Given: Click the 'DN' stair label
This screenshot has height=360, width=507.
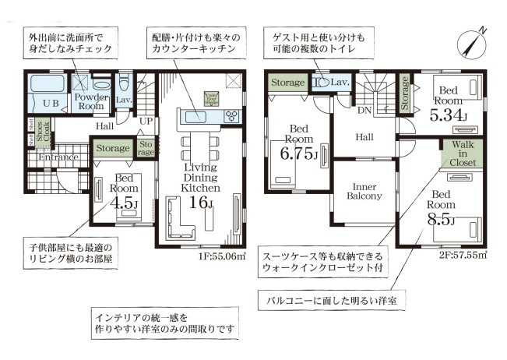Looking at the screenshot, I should (363, 111).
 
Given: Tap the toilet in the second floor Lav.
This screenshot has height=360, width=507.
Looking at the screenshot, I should (321, 80).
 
